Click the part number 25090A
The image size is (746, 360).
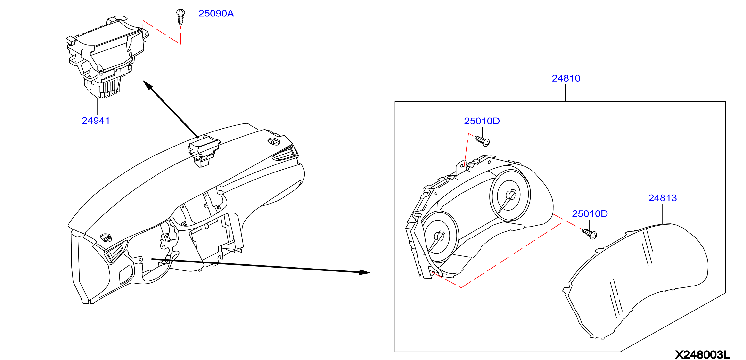tap(216, 14)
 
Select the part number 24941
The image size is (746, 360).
tap(96, 121)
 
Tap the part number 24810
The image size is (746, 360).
tap(566, 78)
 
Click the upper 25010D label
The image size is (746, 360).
tap(482, 121)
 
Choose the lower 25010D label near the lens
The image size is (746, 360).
tap(590, 214)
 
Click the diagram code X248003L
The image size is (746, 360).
tap(702, 354)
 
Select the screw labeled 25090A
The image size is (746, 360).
tap(180, 17)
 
